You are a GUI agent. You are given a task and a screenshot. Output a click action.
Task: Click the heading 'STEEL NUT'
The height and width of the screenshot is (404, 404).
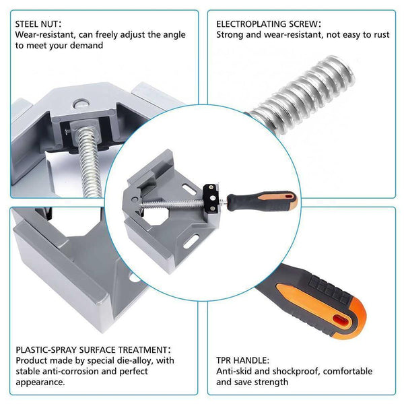tap(36, 24)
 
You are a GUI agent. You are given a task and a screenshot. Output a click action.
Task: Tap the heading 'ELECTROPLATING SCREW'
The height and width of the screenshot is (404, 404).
tap(267, 24)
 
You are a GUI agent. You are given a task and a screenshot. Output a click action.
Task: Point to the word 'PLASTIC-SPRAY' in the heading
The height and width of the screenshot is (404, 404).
tap(46, 350)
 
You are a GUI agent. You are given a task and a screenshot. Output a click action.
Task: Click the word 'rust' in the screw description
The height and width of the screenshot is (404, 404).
tap(380, 35)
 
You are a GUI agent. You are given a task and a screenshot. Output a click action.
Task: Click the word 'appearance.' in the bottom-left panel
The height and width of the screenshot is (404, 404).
tap(40, 382)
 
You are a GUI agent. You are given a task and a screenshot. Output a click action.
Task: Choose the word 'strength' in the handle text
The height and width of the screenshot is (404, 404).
tap(271, 382)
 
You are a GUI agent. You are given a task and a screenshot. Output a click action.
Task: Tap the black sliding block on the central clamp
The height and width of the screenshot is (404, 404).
tap(211, 198)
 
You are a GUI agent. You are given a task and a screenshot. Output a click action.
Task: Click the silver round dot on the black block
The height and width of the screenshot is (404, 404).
tap(213, 198)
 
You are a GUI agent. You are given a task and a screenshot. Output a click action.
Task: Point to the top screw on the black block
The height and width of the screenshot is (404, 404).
tap(211, 187)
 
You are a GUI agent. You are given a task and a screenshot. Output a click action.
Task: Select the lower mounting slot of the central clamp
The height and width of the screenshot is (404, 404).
tap(191, 242)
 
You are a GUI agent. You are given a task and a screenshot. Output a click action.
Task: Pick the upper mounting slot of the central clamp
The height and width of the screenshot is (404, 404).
tap(189, 189)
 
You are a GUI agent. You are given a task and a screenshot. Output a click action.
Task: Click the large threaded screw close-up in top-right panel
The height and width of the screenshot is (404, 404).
tap(302, 96)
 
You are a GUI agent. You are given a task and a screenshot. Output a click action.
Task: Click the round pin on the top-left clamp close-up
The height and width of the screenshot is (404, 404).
tap(81, 104)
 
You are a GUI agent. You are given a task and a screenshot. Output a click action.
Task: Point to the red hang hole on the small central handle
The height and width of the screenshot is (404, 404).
tap(290, 197)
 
